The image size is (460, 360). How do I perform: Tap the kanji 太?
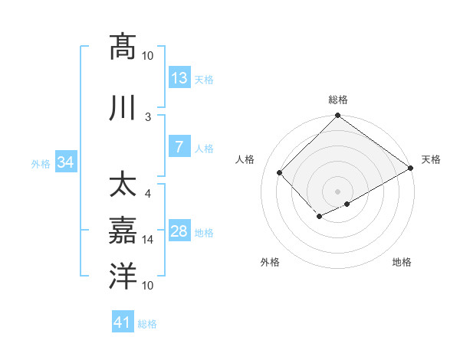123,186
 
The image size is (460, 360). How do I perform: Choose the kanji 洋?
123,275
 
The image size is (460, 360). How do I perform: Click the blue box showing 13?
179,78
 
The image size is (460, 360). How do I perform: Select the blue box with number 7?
179,147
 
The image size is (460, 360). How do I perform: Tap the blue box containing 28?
179,231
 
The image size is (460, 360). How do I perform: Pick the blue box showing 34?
66,162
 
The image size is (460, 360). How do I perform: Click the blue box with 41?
123,323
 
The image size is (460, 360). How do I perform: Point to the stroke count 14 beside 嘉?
148,240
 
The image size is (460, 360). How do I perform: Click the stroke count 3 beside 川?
148,116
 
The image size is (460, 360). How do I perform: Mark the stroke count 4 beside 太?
148,193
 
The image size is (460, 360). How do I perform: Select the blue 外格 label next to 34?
41,163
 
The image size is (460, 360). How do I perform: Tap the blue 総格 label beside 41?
147,324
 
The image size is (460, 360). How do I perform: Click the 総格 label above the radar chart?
338,100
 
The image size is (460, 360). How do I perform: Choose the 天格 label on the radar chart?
431,159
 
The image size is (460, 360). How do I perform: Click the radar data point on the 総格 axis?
337,116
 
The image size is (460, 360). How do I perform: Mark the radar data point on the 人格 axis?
280,173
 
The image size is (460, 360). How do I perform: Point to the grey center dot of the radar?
337,191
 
